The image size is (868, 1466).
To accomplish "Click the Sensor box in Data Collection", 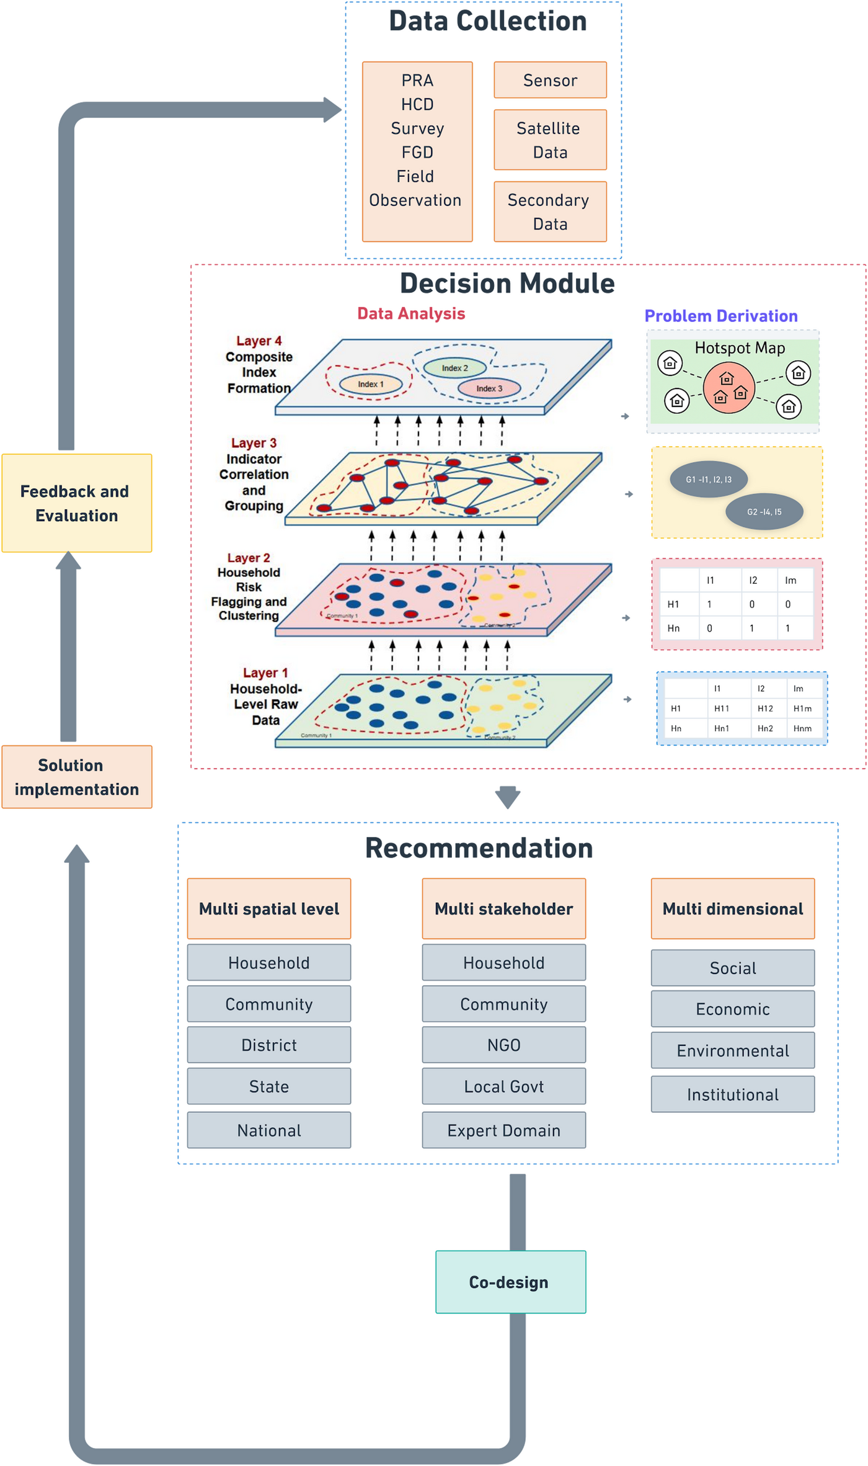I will pyautogui.click(x=550, y=80).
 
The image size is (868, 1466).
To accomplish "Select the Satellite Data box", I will pyautogui.click(x=550, y=140).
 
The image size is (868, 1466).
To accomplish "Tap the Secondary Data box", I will pyautogui.click(x=550, y=212).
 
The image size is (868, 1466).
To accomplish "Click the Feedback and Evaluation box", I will pyautogui.click(x=77, y=503).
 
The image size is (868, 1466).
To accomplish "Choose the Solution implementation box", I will pyautogui.click(x=77, y=777).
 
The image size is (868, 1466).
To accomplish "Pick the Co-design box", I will pyautogui.click(x=510, y=1282).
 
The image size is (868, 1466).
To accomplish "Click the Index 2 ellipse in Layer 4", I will pyautogui.click(x=454, y=368).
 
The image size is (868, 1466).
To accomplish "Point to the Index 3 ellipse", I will pyautogui.click(x=489, y=388).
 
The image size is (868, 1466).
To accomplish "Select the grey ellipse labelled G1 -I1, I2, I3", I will pyautogui.click(x=709, y=479).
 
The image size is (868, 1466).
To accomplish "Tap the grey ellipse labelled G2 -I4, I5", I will pyautogui.click(x=764, y=512).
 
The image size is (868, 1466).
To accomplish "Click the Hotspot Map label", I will pyautogui.click(x=740, y=348).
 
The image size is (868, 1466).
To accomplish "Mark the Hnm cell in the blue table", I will pyautogui.click(x=802, y=728).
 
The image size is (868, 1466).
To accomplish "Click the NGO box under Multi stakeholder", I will pyautogui.click(x=503, y=1045).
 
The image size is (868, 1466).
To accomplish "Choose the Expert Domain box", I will pyautogui.click(x=503, y=1130).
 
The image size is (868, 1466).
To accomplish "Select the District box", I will pyautogui.click(x=269, y=1045).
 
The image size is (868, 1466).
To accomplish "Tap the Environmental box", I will pyautogui.click(x=733, y=1050).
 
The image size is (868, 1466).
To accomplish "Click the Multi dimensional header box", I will pyautogui.click(x=733, y=909).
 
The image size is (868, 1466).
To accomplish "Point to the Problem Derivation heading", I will pyautogui.click(x=721, y=316).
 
